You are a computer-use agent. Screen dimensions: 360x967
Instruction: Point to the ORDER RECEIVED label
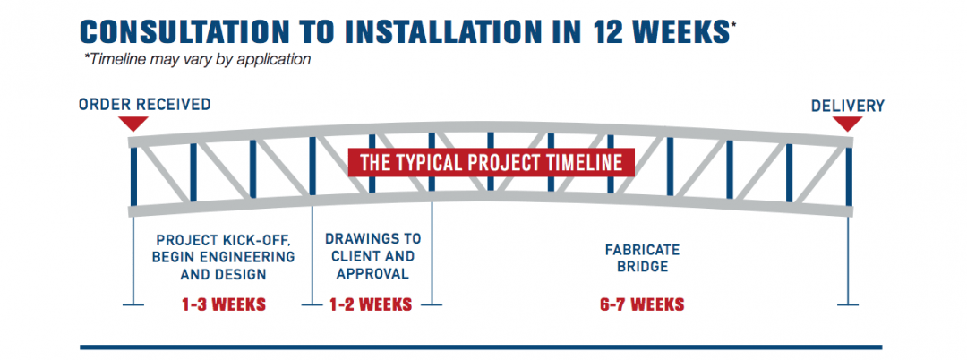[x=145, y=105]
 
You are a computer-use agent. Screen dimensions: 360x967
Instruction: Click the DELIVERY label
[x=847, y=106]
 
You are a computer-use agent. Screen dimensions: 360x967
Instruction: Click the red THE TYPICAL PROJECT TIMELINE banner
[x=491, y=163]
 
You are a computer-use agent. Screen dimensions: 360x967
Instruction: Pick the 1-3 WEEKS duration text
[x=224, y=304]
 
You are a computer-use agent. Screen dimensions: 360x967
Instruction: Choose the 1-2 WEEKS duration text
[x=372, y=304]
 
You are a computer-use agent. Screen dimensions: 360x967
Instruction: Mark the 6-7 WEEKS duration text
[x=641, y=304]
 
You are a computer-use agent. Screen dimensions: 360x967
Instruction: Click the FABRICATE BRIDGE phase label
[x=641, y=257]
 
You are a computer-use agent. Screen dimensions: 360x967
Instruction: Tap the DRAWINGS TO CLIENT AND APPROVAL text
[x=372, y=257]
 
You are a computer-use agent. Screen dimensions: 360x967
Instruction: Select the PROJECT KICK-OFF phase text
[x=224, y=257]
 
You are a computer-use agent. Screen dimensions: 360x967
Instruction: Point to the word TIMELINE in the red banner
[x=580, y=163]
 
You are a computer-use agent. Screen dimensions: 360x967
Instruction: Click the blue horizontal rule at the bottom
[x=481, y=347]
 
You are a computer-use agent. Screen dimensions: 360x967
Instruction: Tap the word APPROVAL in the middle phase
[x=372, y=274]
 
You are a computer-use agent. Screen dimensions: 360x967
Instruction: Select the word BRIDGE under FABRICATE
[x=641, y=266]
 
